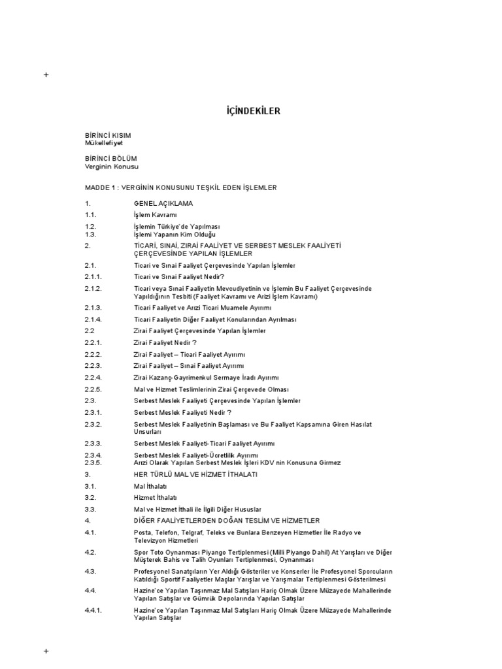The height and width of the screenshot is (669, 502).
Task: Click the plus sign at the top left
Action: click(46, 75)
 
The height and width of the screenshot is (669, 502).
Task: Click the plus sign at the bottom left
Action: click(46, 651)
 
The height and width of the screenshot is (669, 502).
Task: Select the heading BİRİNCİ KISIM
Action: click(108, 135)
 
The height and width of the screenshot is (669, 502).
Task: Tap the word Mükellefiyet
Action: click(103, 142)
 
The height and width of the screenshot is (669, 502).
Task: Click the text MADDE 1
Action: click(102, 188)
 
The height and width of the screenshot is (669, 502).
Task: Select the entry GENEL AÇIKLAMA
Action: click(163, 203)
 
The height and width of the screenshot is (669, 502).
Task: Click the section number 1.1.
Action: click(90, 214)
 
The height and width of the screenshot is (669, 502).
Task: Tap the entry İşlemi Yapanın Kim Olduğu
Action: click(175, 234)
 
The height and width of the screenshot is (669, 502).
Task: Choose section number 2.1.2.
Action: click(93, 288)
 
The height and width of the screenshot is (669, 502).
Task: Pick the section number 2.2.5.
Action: click(93, 389)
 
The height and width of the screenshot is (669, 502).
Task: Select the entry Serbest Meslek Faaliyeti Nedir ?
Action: click(182, 412)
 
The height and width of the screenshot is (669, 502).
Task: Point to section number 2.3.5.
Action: click(93, 462)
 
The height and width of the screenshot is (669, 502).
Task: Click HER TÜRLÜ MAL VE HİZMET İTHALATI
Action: click(195, 474)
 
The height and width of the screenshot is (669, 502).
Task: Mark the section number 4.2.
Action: click(90, 552)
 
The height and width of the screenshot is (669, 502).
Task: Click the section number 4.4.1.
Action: click(93, 610)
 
